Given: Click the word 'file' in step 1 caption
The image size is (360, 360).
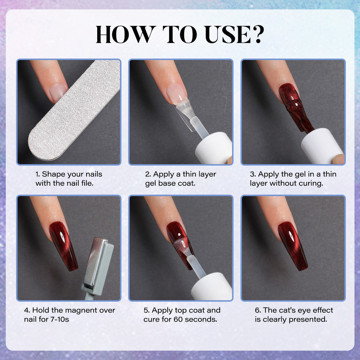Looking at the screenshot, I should [x=86, y=183].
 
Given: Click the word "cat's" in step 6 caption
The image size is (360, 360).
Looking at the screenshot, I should [x=290, y=310].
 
